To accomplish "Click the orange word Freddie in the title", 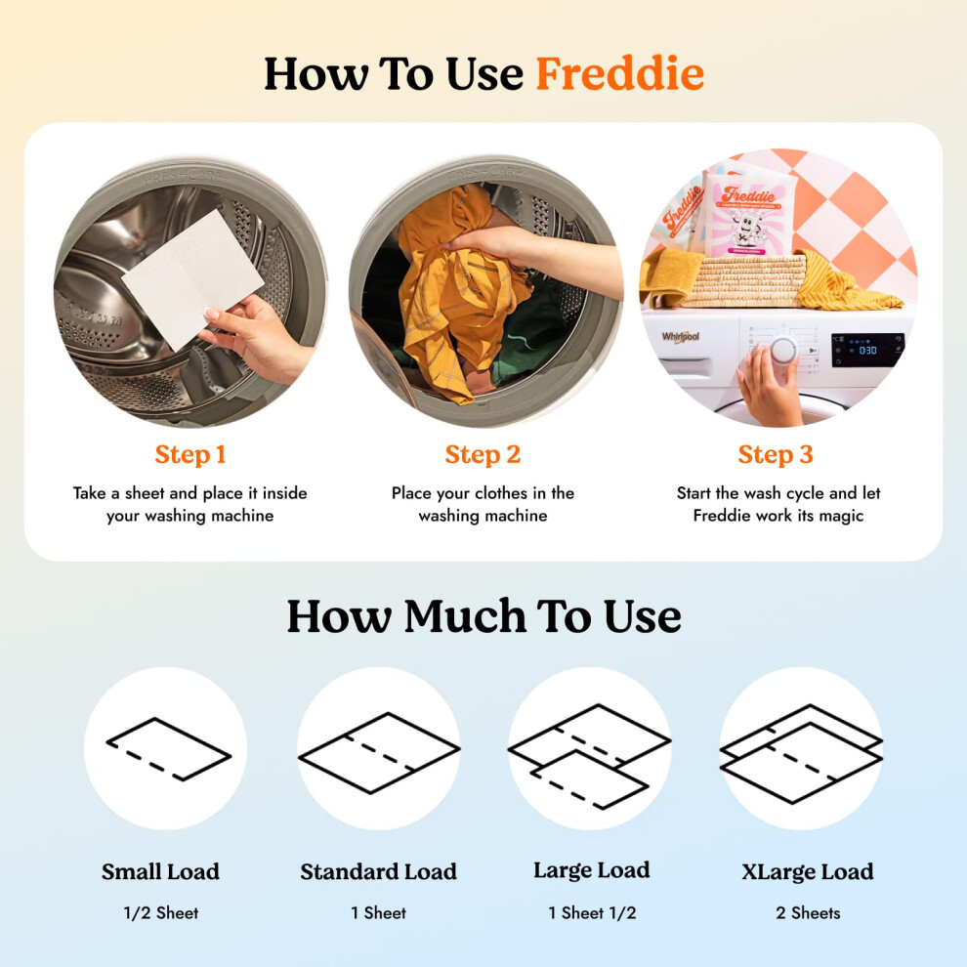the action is coord(620,74).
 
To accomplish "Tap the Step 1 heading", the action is coord(189,455).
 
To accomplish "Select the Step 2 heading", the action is coord(483,455).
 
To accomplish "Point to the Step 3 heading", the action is coord(776,455).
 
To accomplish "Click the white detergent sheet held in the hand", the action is coord(193,278).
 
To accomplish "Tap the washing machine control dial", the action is coord(783,351).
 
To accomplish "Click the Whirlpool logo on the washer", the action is coord(681,337).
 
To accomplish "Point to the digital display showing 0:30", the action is coord(867,350).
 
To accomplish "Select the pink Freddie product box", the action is coord(748,214).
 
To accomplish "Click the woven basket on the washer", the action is coord(743,281).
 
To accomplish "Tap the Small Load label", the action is coord(160,871).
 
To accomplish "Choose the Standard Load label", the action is coord(379,871).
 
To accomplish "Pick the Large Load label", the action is coord(591,870).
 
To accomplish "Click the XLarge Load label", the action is coord(807,871).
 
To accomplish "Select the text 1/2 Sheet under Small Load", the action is coord(161,912).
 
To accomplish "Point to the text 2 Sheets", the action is coord(808,912).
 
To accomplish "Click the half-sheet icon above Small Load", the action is coord(169,749).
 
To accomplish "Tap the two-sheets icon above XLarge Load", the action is coord(802,754).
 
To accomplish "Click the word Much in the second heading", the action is coord(465,616).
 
